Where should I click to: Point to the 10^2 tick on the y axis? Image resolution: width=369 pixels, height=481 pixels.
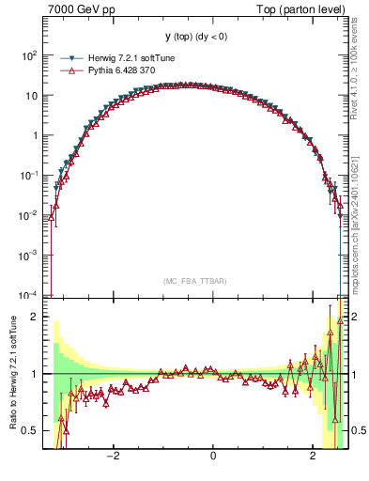click(30, 55)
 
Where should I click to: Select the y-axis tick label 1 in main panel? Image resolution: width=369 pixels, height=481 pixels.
click(36, 135)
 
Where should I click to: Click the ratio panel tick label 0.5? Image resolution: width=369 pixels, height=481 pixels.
click(30, 430)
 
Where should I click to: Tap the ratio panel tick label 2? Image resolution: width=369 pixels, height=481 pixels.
click(36, 317)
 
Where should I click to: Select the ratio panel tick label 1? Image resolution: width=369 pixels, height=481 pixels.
click(36, 374)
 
